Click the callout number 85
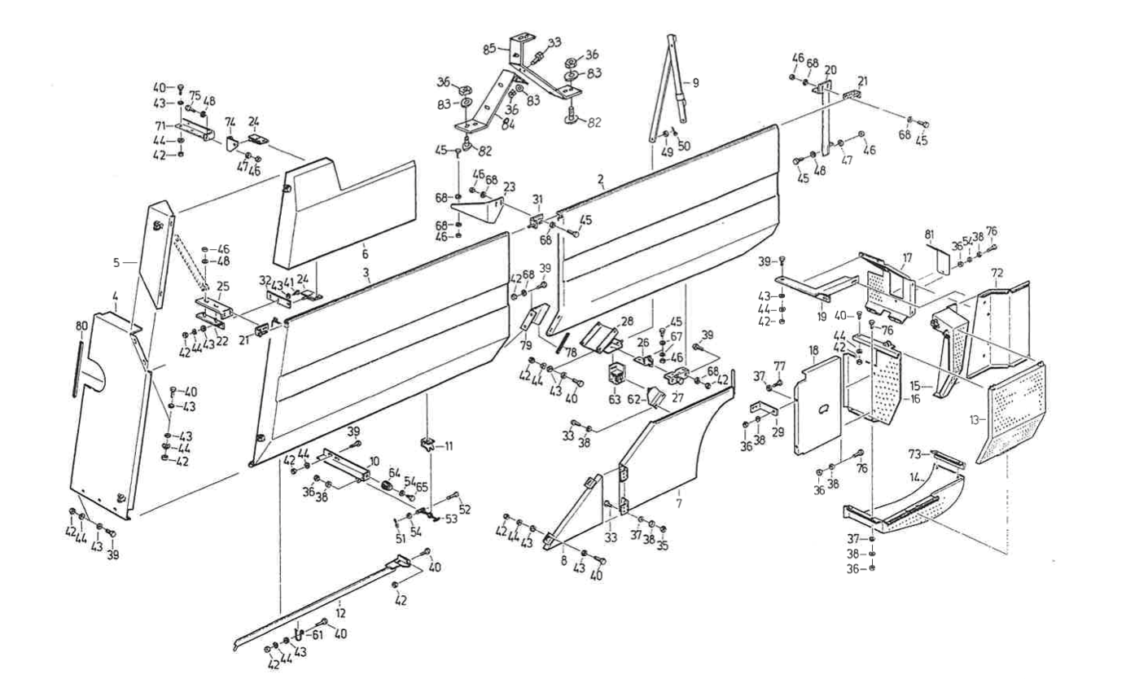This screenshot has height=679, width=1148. [489, 49]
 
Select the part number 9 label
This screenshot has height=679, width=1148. [695, 82]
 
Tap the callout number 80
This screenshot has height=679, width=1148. [81, 326]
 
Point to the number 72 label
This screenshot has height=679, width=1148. [997, 269]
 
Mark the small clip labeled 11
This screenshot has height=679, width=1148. [427, 445]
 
